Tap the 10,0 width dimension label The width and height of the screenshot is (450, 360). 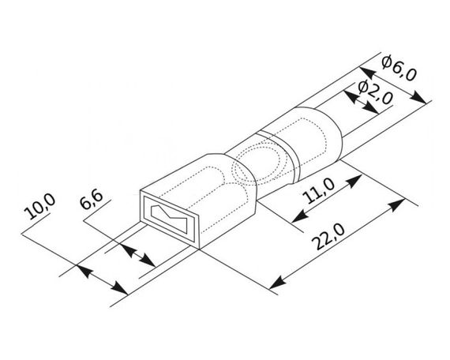pos(40,206)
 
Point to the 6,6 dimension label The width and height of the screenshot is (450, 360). pos(92,199)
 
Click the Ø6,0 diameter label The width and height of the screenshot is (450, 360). pos(399,68)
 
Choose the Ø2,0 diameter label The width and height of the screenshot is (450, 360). pos(376,92)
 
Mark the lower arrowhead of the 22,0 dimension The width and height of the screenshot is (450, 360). pos(278,283)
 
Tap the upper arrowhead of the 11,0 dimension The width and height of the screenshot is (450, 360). pos(354,181)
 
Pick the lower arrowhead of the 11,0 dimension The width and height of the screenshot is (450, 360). pos(300,216)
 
